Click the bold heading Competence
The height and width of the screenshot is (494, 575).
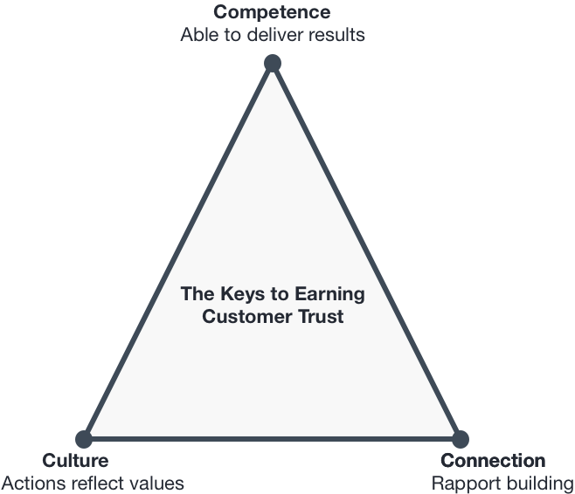point(272,12)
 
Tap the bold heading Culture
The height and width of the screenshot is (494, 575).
point(75,460)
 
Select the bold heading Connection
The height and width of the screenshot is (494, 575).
point(493,460)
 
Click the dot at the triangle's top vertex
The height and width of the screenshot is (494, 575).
point(273,64)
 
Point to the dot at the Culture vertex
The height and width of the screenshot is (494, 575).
point(84,439)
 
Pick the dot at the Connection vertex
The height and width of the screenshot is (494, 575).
point(461,439)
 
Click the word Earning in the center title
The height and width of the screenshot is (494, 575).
point(329,295)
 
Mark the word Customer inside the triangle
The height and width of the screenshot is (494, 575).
point(246,317)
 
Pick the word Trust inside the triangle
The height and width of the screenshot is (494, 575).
point(321,317)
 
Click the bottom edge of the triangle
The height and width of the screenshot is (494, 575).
point(272,439)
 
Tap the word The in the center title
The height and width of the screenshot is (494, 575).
point(197,293)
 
